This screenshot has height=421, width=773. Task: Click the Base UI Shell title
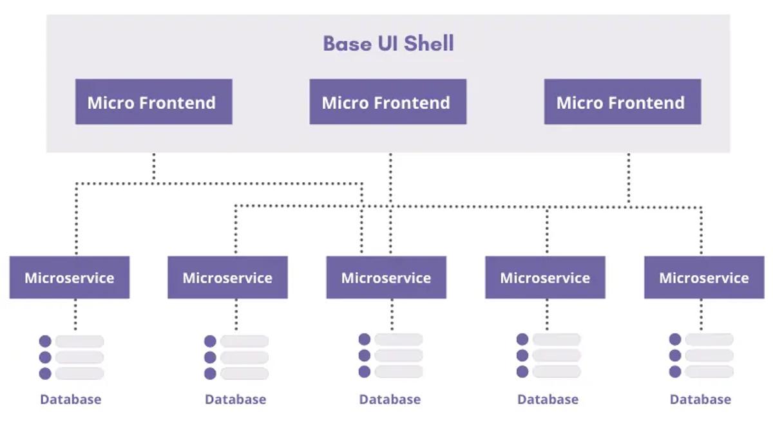pyautogui.click(x=388, y=44)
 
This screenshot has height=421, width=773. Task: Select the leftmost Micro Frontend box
pyautogui.click(x=153, y=102)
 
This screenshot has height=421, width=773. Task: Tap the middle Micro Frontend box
pyautogui.click(x=387, y=102)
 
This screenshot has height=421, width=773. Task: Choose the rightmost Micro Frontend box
pyautogui.click(x=622, y=102)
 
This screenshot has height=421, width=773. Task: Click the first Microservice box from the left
pyautogui.click(x=70, y=278)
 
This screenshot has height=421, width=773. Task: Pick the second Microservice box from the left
pyautogui.click(x=227, y=278)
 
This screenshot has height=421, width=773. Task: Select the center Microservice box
pyautogui.click(x=386, y=278)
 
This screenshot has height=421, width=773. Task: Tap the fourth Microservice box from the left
pyautogui.click(x=545, y=278)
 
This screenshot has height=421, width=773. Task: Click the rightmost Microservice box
pyautogui.click(x=703, y=278)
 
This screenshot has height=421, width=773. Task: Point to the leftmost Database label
pyautogui.click(x=70, y=399)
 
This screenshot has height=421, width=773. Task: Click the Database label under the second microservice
pyautogui.click(x=235, y=399)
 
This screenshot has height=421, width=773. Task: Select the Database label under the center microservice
pyautogui.click(x=390, y=399)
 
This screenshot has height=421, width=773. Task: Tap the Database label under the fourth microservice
pyautogui.click(x=548, y=399)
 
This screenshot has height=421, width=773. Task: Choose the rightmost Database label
pyautogui.click(x=700, y=399)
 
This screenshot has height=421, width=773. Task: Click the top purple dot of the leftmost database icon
pyautogui.click(x=45, y=341)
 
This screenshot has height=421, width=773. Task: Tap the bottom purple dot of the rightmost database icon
pyautogui.click(x=675, y=371)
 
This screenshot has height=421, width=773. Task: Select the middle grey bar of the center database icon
pyautogui.click(x=398, y=355)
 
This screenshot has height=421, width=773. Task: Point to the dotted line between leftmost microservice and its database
pyautogui.click(x=75, y=314)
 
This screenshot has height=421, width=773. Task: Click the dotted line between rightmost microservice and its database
pyautogui.click(x=701, y=314)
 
